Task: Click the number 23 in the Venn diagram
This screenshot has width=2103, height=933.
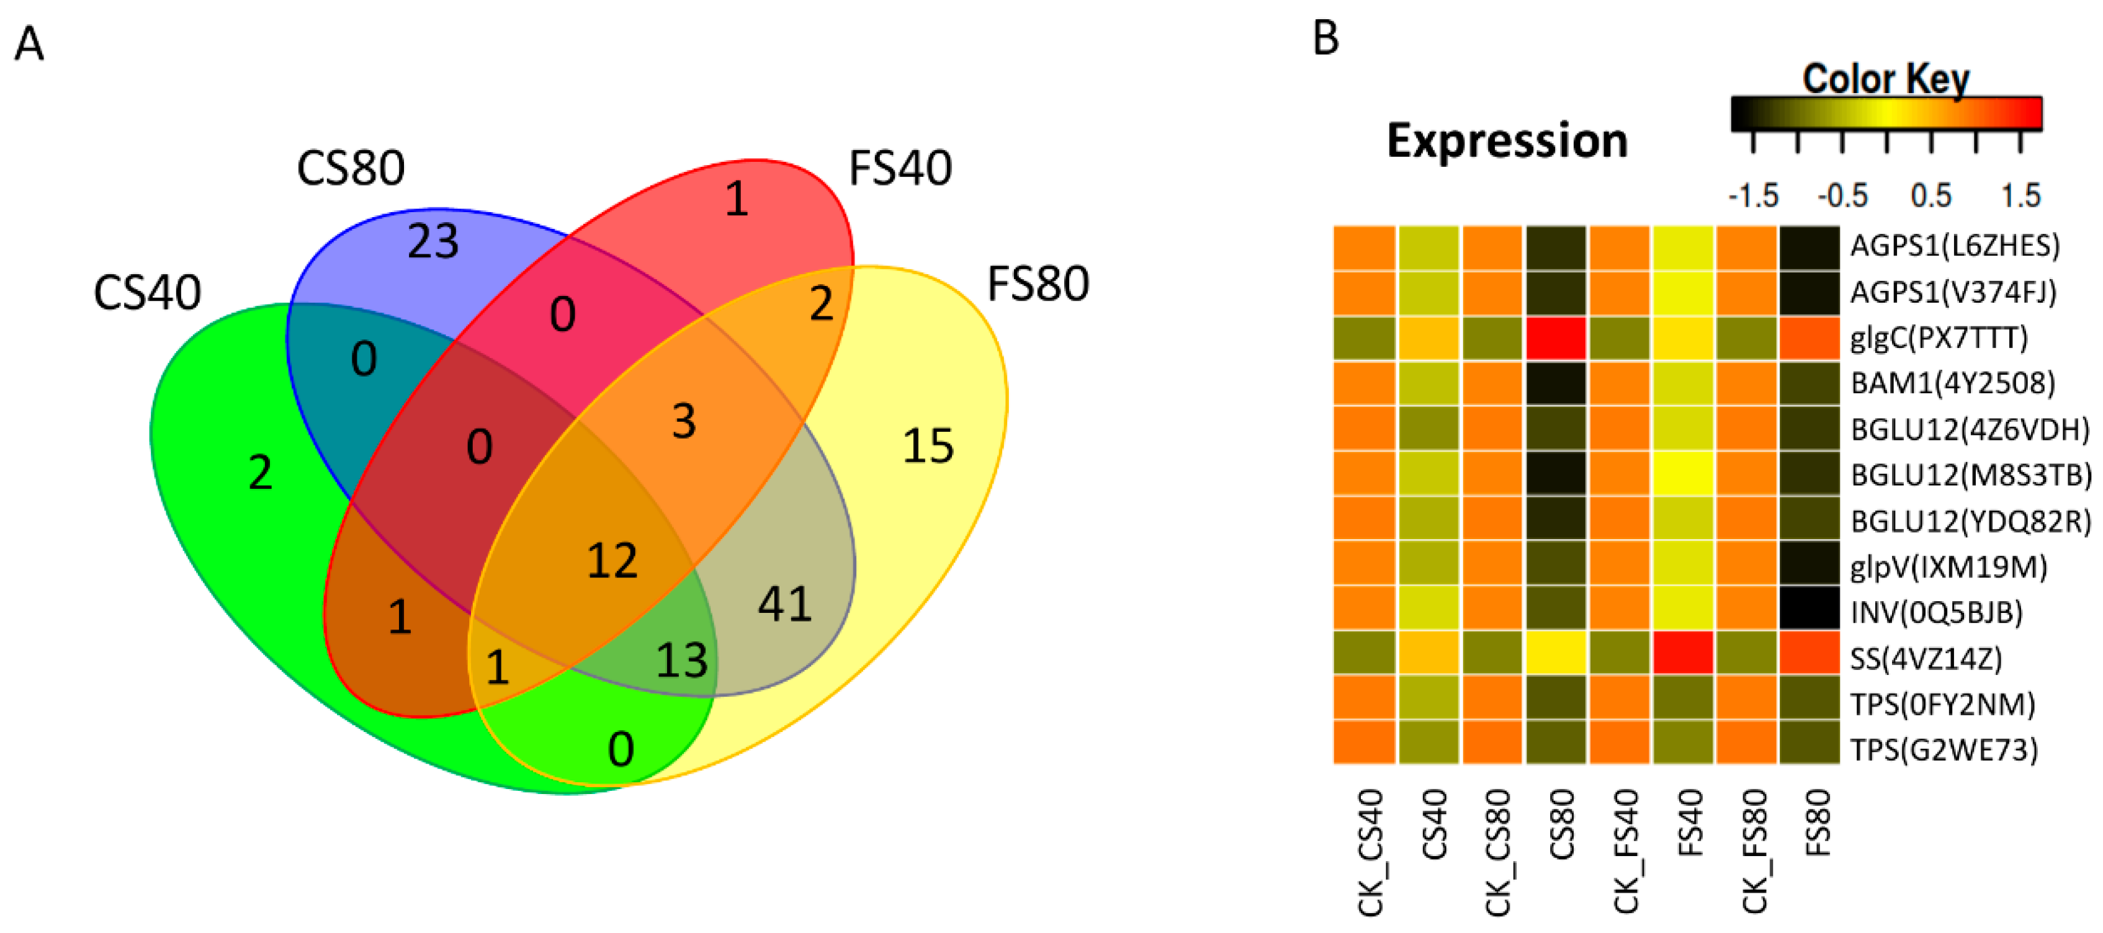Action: (434, 241)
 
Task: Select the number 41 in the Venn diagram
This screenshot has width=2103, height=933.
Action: (784, 604)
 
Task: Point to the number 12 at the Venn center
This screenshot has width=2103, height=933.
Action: (612, 561)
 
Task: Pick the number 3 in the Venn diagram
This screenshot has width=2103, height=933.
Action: (684, 421)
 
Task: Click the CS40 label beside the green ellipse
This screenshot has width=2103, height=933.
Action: (147, 292)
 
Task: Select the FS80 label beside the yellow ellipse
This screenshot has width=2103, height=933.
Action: (1038, 283)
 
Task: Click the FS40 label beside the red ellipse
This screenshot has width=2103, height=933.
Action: (900, 168)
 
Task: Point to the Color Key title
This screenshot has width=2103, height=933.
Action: (1886, 79)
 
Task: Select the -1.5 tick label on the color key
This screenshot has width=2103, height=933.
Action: (1753, 196)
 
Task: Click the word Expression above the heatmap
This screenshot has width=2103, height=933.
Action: (1507, 140)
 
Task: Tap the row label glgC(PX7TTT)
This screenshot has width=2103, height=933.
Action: (1938, 338)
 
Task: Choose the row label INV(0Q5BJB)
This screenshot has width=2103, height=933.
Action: (1935, 612)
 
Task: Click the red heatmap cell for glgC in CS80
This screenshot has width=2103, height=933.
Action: (1556, 338)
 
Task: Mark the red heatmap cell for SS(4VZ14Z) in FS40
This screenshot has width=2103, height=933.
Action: (1682, 658)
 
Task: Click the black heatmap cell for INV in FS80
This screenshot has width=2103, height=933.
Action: (1809, 612)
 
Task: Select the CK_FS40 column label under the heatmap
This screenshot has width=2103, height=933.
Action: (1625, 850)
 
